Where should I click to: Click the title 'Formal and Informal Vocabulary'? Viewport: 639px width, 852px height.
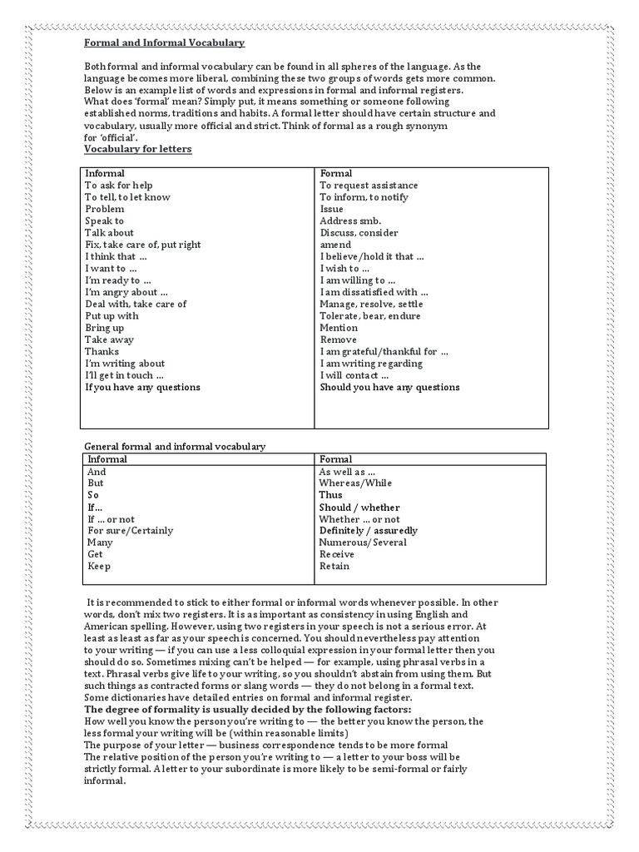click(165, 43)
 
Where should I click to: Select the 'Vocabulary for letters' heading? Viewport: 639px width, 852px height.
click(138, 149)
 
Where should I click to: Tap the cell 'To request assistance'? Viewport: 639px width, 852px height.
click(369, 186)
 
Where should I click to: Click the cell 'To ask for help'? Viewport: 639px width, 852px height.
click(119, 186)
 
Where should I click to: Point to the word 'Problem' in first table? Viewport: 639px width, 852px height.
click(105, 209)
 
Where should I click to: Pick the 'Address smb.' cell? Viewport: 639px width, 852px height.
click(350, 221)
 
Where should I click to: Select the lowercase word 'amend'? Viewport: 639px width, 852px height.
click(335, 245)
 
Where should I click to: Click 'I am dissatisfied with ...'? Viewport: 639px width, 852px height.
click(374, 292)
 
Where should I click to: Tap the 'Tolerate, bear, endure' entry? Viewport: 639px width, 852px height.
click(370, 316)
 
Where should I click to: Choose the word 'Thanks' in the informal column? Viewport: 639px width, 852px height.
click(102, 352)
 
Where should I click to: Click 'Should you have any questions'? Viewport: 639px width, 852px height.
click(389, 387)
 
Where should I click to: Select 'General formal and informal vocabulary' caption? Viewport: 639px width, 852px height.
click(175, 447)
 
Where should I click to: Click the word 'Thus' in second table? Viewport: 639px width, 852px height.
click(330, 495)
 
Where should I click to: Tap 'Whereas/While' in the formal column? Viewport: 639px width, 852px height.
click(355, 483)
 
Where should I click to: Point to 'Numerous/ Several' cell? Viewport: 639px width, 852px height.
click(363, 542)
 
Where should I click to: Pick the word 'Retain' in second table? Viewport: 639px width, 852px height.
click(334, 567)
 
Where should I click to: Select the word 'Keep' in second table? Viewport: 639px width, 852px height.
click(99, 567)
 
